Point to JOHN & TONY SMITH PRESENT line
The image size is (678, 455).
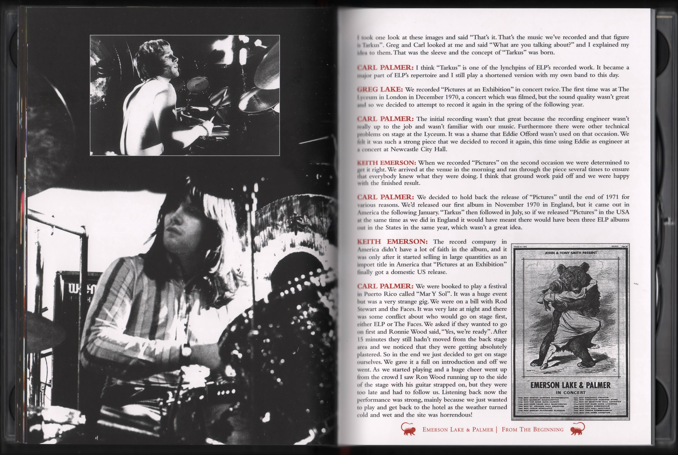570,253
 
